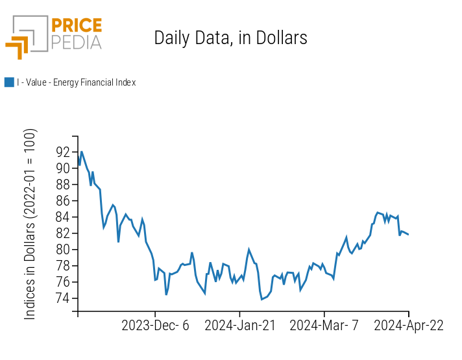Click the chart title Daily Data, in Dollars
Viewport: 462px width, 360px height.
point(230,38)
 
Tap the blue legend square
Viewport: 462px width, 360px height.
point(9,82)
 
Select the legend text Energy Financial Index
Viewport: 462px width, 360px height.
point(76,82)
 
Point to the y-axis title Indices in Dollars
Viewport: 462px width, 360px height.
point(30,224)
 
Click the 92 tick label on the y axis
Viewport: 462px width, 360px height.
point(63,152)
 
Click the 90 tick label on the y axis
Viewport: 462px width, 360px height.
point(63,168)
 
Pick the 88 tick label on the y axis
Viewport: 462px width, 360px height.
point(63,184)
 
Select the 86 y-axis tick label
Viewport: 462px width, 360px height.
point(63,200)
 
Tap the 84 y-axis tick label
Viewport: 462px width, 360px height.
point(63,217)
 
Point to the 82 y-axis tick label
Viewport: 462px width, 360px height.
point(63,233)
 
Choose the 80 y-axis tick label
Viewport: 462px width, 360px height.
point(63,249)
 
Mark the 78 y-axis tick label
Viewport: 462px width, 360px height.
point(63,265)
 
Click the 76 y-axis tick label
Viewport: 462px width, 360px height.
point(63,282)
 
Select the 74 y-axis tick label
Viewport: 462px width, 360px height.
point(63,298)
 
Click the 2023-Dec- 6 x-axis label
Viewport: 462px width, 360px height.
point(155,326)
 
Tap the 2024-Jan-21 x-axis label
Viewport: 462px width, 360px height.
point(239,326)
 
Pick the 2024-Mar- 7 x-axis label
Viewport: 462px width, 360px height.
point(324,326)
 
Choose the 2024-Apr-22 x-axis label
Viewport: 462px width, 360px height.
point(408,326)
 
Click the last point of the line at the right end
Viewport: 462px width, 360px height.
point(408,234)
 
